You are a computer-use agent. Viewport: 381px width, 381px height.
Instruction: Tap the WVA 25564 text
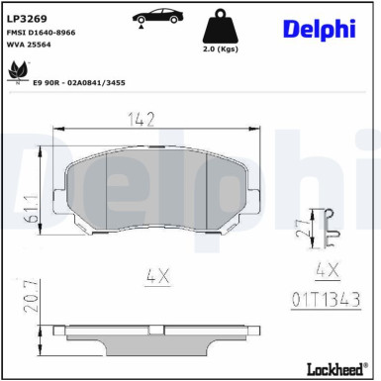pyautogui.click(x=30, y=45)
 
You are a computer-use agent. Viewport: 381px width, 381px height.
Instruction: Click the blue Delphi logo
pyautogui.click(x=319, y=30)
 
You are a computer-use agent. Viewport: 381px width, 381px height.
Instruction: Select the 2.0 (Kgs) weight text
pyautogui.click(x=220, y=48)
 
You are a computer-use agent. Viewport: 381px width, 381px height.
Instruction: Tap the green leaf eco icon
pyautogui.click(x=18, y=72)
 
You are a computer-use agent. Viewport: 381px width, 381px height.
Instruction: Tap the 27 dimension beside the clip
pyautogui.click(x=301, y=228)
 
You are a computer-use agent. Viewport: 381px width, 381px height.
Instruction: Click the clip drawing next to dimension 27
pyautogui.click(x=323, y=227)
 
